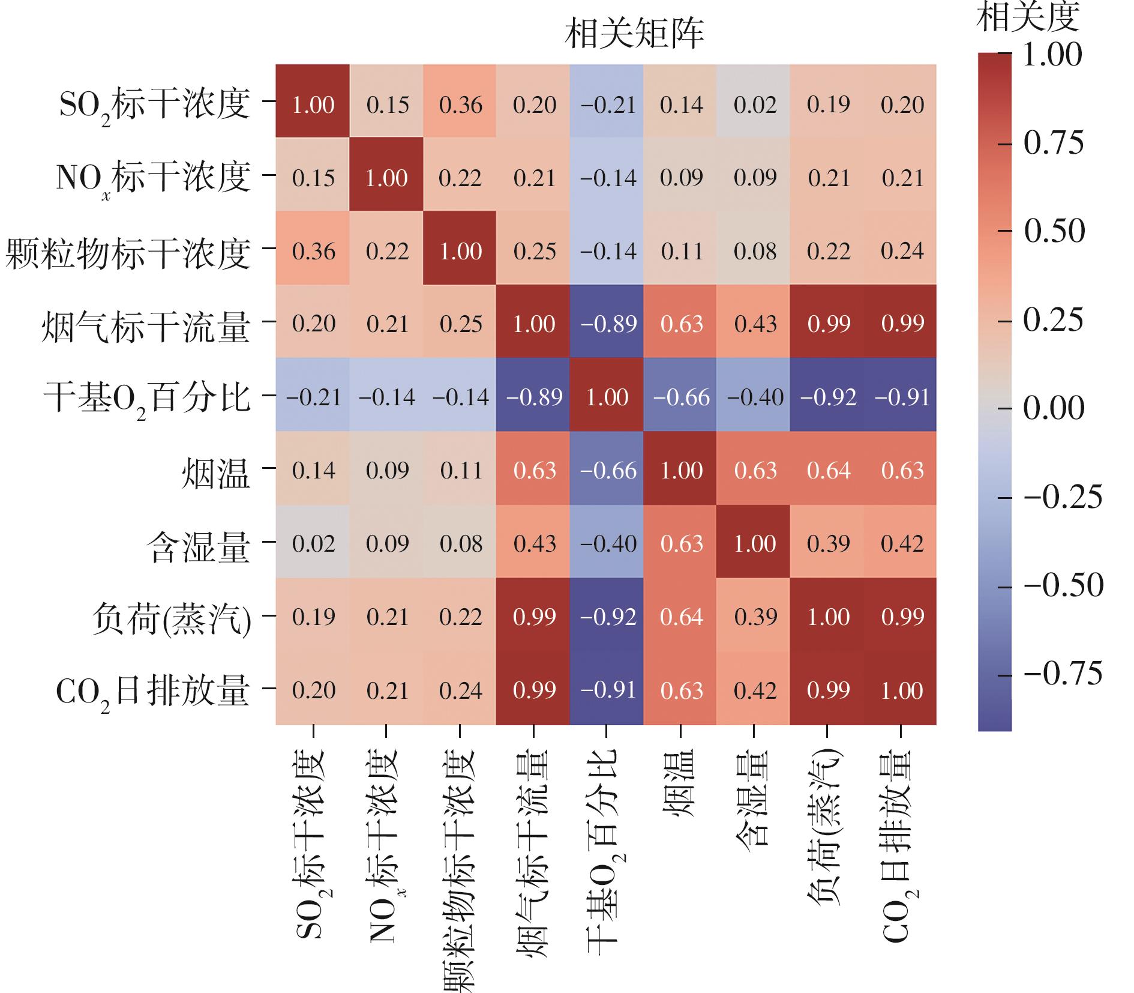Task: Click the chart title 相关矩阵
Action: pyautogui.click(x=634, y=34)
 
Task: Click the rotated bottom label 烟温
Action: pyautogui.click(x=680, y=783)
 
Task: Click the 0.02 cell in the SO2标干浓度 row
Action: pyautogui.click(x=755, y=105)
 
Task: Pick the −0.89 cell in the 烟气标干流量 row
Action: pyautogui.click(x=608, y=324)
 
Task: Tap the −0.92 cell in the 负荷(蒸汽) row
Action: pyautogui.click(x=608, y=617)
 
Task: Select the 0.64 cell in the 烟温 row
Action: pyautogui.click(x=828, y=470)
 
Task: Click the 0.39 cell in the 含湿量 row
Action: pyautogui.click(x=828, y=543)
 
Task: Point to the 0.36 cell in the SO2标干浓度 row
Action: pyautogui.click(x=460, y=105)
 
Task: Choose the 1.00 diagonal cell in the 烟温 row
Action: pyautogui.click(x=681, y=470)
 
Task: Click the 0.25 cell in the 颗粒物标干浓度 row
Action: pyautogui.click(x=534, y=251)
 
